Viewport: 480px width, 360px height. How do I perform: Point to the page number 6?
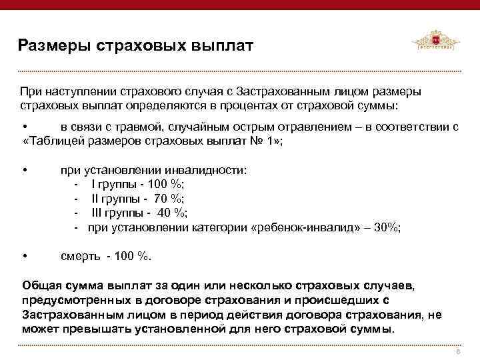(458, 351)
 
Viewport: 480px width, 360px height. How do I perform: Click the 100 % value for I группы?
(169, 185)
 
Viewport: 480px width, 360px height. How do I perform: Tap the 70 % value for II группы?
(169, 199)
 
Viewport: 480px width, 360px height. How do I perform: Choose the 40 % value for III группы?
(173, 213)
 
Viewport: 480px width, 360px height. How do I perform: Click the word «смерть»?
(81, 256)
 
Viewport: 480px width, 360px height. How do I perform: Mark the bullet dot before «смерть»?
(24, 256)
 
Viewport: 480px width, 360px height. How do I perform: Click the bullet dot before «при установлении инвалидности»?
(24, 170)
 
